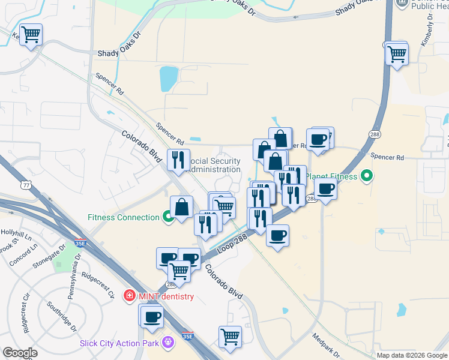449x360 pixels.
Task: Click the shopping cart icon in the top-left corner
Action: coord(30,34)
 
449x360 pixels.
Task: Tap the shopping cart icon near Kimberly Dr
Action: coord(397,54)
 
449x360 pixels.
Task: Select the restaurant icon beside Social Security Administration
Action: coord(178,160)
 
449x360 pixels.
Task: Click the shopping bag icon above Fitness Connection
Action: coord(181,208)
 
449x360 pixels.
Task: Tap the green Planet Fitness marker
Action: coord(366,176)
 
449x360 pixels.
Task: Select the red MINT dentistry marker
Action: coord(128,296)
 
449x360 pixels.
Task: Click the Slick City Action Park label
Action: coord(119,343)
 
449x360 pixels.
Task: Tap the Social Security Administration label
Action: coord(215,165)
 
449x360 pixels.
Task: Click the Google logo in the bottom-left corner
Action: coord(20,353)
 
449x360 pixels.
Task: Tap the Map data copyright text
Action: coord(411,355)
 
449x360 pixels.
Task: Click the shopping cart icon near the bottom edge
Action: coord(230,337)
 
